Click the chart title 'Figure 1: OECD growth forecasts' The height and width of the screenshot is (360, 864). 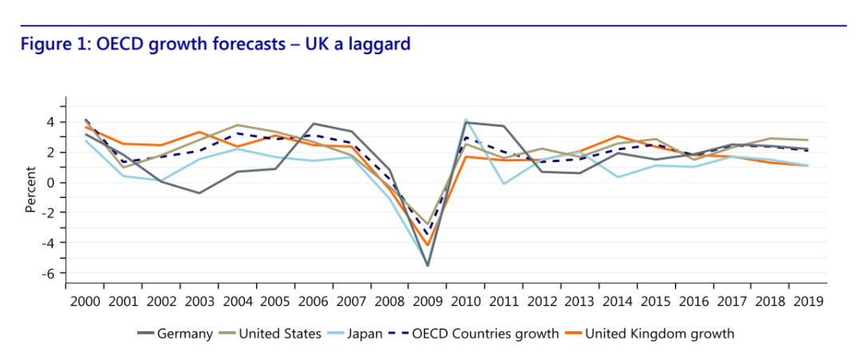[215, 44]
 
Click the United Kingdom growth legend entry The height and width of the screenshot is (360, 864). [659, 334]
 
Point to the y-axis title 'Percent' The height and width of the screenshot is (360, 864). [31, 189]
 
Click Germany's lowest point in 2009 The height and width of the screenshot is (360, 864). [428, 265]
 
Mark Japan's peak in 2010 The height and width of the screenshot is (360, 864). [465, 120]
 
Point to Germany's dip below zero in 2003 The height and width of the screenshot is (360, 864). [199, 193]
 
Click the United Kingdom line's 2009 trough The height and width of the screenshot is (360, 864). [428, 245]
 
